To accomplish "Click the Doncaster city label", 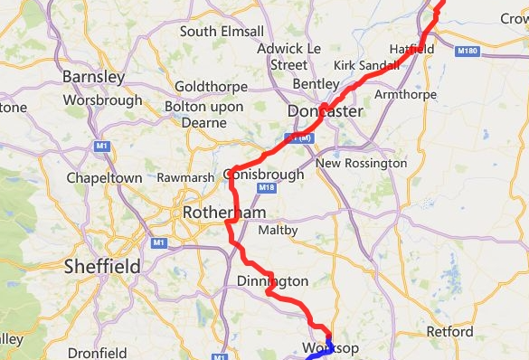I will (325, 111).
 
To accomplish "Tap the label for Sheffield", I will (102, 267).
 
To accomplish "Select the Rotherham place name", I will (223, 213).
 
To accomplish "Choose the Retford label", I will (449, 332).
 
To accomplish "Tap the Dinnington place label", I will (272, 282).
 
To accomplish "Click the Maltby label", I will (279, 231).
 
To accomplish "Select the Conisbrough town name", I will (262, 175).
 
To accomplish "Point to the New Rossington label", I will (362, 164).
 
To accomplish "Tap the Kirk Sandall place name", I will (365, 66).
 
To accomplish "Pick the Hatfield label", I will (411, 48).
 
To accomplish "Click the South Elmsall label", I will (222, 32).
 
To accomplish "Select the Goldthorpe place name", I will (212, 89).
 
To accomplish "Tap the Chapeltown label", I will (105, 178).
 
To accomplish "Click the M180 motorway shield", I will (468, 52).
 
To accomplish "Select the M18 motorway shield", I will (266, 188).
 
